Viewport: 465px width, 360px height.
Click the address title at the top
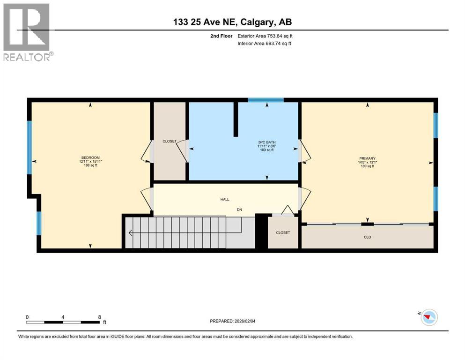[232, 22]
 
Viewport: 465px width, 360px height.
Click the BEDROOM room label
[90, 157]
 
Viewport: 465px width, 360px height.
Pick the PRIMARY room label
[368, 158]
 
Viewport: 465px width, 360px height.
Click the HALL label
[225, 199]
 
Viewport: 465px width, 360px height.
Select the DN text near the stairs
[239, 210]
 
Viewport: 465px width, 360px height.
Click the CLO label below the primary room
[368, 237]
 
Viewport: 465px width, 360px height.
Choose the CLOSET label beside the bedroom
[169, 141]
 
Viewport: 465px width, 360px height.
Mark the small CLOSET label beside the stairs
[282, 232]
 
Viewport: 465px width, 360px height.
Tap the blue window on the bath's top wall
[266, 100]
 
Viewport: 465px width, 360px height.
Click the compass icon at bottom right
[428, 317]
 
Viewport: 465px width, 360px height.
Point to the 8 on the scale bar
[99, 317]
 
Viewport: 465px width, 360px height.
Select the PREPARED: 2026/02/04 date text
[233, 321]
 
